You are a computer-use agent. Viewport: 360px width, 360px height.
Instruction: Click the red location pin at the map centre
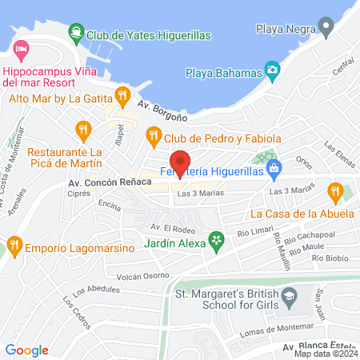click(x=180, y=162)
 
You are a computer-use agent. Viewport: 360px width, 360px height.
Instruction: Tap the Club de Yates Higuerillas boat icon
click(x=76, y=34)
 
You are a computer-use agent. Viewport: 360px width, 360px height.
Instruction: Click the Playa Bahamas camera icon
click(x=273, y=70)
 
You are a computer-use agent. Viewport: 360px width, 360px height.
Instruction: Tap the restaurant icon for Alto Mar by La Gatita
click(x=122, y=97)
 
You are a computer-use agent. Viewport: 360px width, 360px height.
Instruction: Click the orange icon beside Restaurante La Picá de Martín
click(x=82, y=128)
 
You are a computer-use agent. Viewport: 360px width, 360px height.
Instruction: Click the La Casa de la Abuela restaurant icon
click(x=335, y=192)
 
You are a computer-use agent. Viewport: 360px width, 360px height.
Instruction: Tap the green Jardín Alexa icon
click(x=215, y=239)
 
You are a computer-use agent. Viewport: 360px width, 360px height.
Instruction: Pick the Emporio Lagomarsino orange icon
click(x=12, y=244)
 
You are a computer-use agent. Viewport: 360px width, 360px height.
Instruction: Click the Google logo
click(x=26, y=350)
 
